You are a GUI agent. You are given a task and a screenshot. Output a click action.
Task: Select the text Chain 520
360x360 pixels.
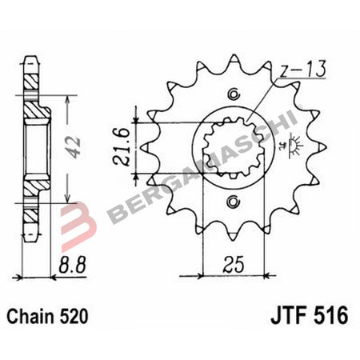click(x=50, y=316)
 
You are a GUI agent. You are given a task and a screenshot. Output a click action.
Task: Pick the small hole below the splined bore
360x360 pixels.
click(x=234, y=199)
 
